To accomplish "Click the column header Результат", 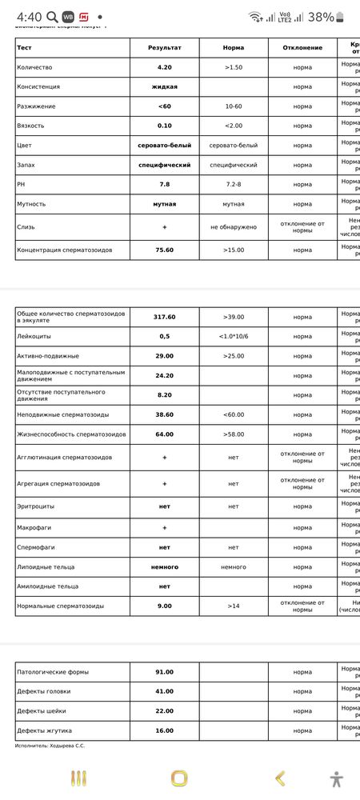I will point(165,48).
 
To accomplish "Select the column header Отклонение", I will point(302,48).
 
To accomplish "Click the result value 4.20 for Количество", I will point(165,68).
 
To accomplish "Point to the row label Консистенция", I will point(38,86).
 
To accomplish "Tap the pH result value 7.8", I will point(165,184).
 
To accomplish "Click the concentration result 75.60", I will point(165,250).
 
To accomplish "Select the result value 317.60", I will point(165,317).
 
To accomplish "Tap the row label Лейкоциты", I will point(34,337).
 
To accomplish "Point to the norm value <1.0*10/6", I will point(234,337).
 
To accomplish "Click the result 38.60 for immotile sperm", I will point(165,414).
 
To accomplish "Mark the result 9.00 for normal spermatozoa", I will point(165,606).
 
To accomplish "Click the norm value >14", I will point(234,606).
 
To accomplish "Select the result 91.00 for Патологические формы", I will point(165,672).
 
